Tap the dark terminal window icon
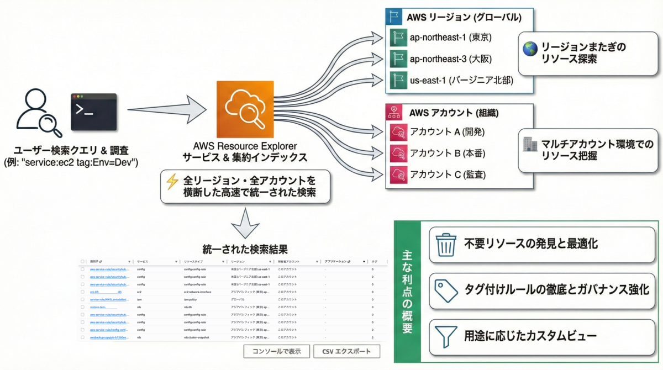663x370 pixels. pos(94,112)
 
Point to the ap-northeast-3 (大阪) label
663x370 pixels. pos(450,58)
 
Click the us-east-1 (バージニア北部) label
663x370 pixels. pos(461,80)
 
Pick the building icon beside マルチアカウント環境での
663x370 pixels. pos(529,145)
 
